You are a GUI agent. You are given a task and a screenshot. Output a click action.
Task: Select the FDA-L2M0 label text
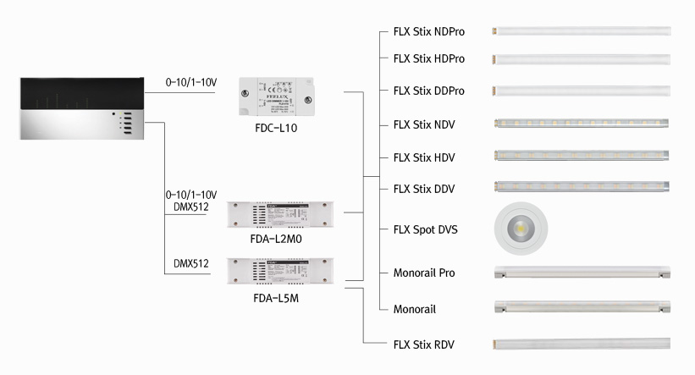click(x=277, y=239)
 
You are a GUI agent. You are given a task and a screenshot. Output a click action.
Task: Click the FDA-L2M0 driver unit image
click(x=281, y=215)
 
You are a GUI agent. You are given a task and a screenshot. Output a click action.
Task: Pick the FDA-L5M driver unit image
click(x=281, y=271)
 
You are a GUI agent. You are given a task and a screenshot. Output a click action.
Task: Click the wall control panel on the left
click(x=80, y=108)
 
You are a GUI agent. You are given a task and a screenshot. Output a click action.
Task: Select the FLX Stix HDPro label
click(x=429, y=59)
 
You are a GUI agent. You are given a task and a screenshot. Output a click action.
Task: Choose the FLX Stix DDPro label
click(x=429, y=91)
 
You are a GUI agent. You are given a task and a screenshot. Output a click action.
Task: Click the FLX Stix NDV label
click(x=424, y=124)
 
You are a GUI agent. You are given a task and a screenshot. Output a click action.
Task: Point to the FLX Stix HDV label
click(x=424, y=157)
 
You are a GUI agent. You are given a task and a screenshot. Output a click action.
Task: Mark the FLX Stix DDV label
click(x=424, y=188)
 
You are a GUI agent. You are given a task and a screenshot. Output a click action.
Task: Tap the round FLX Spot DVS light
click(x=520, y=229)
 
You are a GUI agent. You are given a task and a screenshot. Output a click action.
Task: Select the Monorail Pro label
click(x=424, y=273)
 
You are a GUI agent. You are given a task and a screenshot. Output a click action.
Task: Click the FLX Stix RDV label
click(x=424, y=344)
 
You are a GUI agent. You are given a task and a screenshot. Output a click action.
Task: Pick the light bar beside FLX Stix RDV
click(x=582, y=344)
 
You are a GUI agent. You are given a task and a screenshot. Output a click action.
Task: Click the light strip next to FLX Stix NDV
click(x=582, y=124)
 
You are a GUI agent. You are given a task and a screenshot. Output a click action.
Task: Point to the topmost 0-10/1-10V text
click(x=192, y=82)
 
